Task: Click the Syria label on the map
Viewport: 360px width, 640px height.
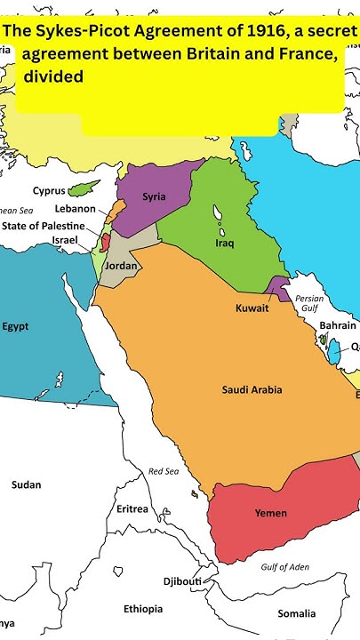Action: (x=154, y=196)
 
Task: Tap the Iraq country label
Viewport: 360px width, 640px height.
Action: (x=225, y=243)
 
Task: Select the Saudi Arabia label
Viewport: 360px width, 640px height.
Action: (x=252, y=389)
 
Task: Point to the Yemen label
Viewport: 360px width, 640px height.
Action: (x=270, y=513)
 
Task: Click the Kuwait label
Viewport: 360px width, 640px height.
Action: (x=252, y=308)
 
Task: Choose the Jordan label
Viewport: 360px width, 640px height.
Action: (x=121, y=266)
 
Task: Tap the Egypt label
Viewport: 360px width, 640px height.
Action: (x=15, y=326)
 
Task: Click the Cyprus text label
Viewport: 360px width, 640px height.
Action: (x=49, y=190)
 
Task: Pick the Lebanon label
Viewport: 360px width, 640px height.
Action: (x=76, y=208)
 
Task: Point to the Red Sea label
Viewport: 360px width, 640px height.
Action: (x=164, y=471)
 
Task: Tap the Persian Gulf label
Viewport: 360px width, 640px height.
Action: (x=308, y=304)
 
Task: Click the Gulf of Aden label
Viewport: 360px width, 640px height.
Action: (x=285, y=567)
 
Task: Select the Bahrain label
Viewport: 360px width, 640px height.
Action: (x=338, y=326)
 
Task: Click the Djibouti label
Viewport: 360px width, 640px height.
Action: (x=182, y=581)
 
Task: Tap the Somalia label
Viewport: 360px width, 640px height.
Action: (x=296, y=613)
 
